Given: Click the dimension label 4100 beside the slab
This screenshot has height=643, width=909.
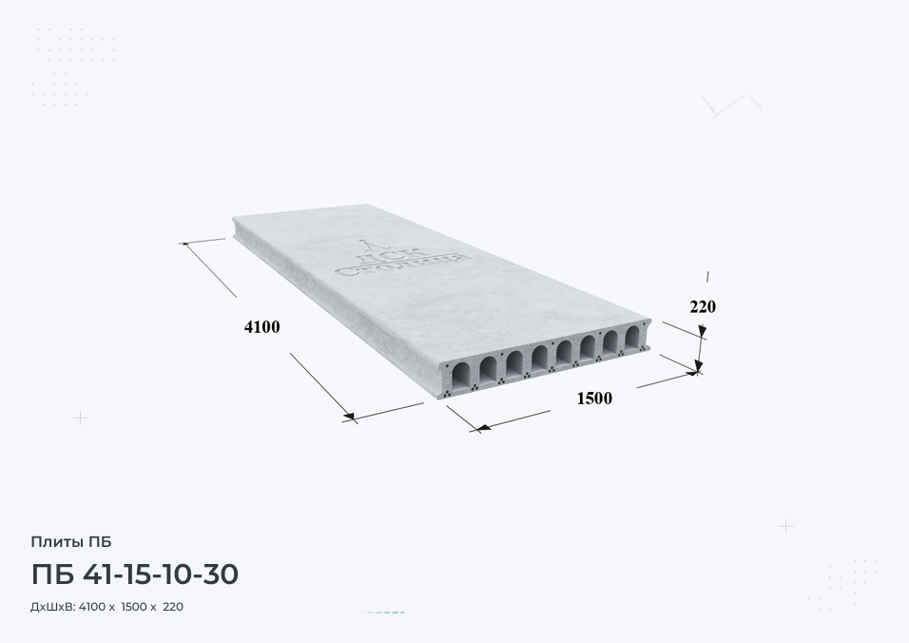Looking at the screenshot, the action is [x=262, y=327].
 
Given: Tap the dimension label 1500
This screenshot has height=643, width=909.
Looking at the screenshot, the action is [x=594, y=399].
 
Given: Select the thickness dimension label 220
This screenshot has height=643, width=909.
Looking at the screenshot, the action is [x=703, y=306].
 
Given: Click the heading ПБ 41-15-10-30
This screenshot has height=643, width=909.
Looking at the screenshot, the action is [x=134, y=574].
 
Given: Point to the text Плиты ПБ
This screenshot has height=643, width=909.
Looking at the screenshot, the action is [x=70, y=542].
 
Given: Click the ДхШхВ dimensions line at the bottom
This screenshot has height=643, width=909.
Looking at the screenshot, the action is [x=106, y=607].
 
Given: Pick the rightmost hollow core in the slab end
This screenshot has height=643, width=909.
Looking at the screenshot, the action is [x=632, y=338].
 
